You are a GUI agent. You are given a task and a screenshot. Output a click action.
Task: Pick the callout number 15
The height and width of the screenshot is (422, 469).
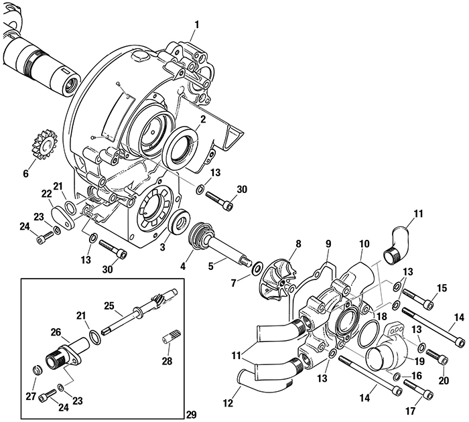click(x=441, y=288)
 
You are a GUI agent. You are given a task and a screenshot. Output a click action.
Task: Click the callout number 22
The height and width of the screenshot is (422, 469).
click(x=46, y=194)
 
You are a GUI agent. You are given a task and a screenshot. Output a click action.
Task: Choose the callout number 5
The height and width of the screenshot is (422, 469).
click(x=211, y=265)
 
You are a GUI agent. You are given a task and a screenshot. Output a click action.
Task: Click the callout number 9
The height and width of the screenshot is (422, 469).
click(x=328, y=244)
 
